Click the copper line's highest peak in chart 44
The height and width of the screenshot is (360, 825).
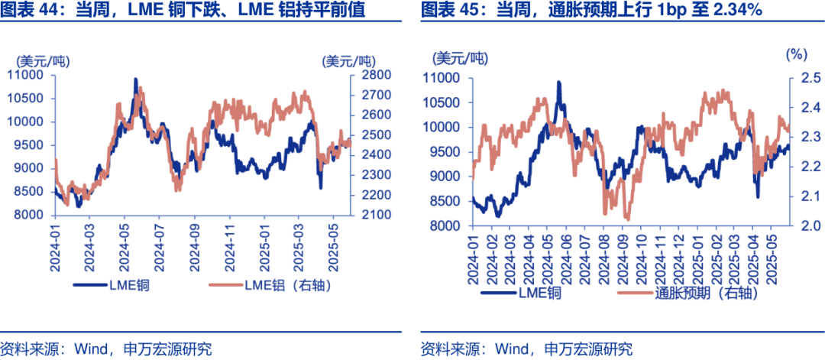click(x=136, y=79)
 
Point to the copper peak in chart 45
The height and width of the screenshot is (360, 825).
click(x=558, y=82)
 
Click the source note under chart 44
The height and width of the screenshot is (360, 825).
click(x=106, y=349)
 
